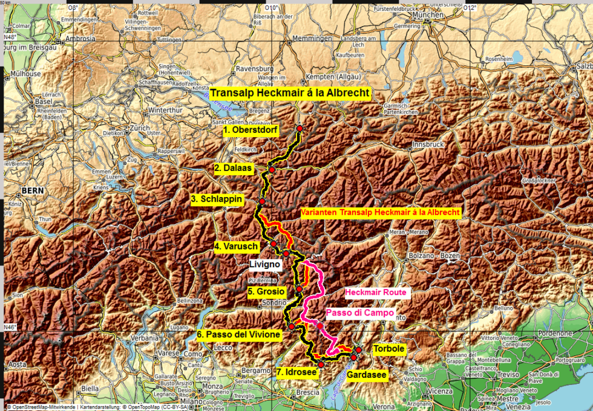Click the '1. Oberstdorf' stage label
pos(250,130)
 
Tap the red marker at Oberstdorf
pos(299,128)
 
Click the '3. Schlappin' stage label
pos(217,199)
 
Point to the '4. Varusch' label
pos(237,247)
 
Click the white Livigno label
pos(264,264)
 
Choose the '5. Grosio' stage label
pos(266,291)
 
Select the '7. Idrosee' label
pos(296,372)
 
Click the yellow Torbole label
pos(388,349)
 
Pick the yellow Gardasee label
pos(367,375)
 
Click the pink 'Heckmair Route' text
pos(378,293)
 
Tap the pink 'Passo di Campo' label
pos(360,313)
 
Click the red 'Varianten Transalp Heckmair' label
pos(381,213)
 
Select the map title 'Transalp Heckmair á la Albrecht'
pos(290,94)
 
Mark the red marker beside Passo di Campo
pos(319,326)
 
